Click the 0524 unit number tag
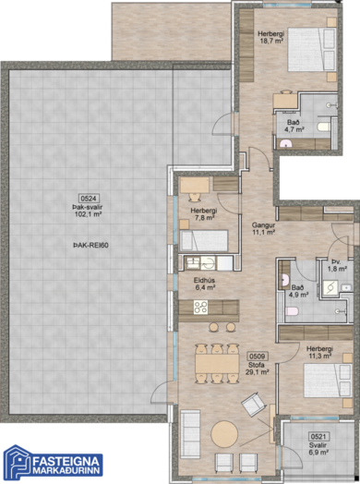(x=90, y=199)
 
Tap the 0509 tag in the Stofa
(x=258, y=357)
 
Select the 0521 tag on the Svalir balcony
(x=318, y=436)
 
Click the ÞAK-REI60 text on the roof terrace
(x=90, y=246)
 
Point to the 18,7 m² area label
(x=271, y=41)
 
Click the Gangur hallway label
(x=263, y=225)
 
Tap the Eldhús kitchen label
(x=204, y=280)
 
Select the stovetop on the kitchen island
(x=200, y=308)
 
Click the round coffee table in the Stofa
(x=224, y=434)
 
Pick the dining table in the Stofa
(x=217, y=364)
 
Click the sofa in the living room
(x=190, y=434)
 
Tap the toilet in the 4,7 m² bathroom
(x=324, y=127)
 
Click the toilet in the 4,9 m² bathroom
(x=292, y=311)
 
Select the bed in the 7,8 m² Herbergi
(x=204, y=240)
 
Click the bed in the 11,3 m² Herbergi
(x=328, y=381)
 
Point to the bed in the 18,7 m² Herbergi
(x=312, y=50)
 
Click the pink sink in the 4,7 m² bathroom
(x=285, y=143)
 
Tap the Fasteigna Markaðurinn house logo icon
(x=17, y=462)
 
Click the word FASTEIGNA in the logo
(x=66, y=461)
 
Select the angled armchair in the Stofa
(x=254, y=404)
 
